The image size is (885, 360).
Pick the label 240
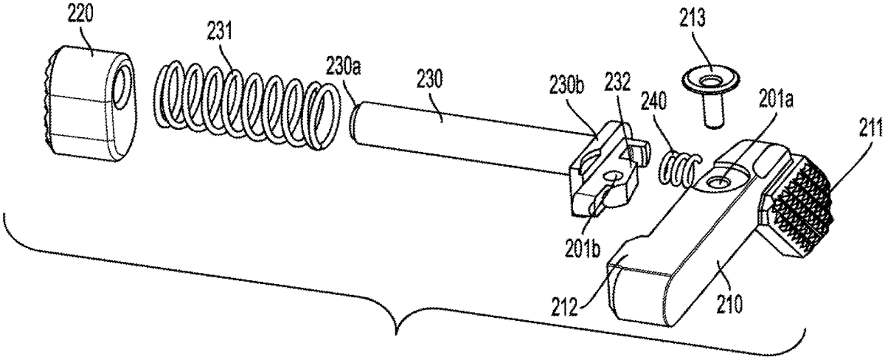tap(654, 101)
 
